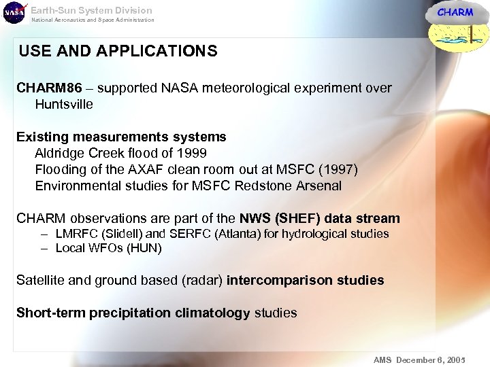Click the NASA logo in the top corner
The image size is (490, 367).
[x=14, y=12]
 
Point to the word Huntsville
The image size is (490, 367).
[x=64, y=104]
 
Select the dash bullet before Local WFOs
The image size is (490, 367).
[x=43, y=248]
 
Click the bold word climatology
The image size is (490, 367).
[x=212, y=313]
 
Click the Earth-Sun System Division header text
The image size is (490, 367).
[x=92, y=10]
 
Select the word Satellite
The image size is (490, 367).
[x=42, y=280]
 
